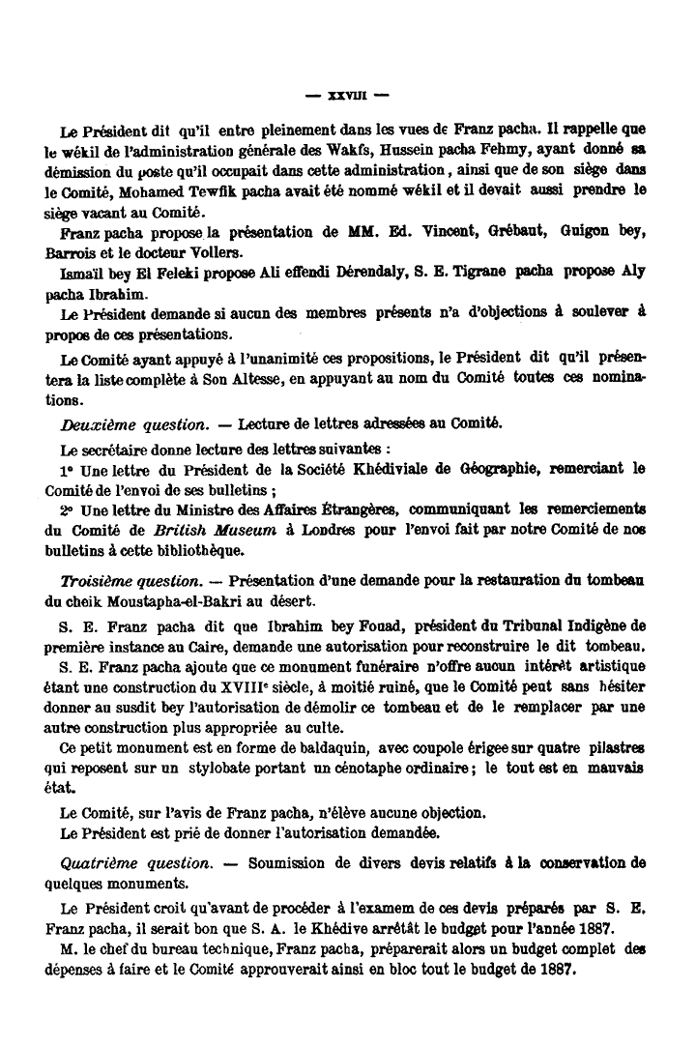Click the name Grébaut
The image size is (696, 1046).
[x=491, y=233]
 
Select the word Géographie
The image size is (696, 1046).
[x=490, y=468]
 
